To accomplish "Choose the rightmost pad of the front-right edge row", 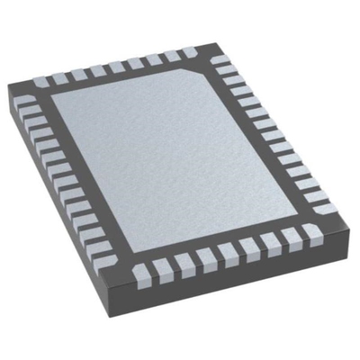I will [x=313, y=233].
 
